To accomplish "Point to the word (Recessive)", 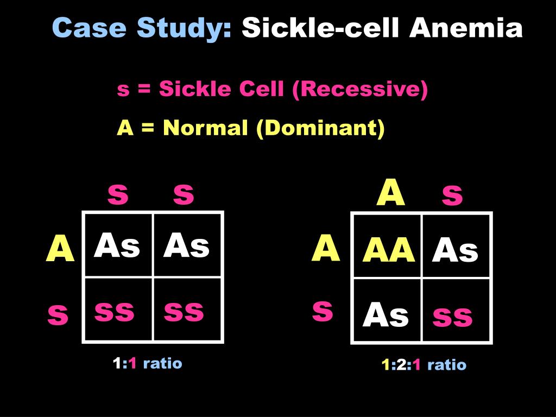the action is coord(359,90).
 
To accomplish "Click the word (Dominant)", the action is coord(321,128).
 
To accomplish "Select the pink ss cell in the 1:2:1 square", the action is coord(452,316).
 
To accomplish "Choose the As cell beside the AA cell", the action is coord(455,251).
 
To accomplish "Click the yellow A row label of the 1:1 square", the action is coord(60,249).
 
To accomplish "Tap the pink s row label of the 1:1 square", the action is coord(58,315).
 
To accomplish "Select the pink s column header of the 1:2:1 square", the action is coord(452,196).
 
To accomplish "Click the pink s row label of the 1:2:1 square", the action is coord(323,312).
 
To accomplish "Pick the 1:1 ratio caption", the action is coord(147,363).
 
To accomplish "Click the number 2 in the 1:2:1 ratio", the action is coord(401,365).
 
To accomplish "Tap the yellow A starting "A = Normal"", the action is coord(125,128).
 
